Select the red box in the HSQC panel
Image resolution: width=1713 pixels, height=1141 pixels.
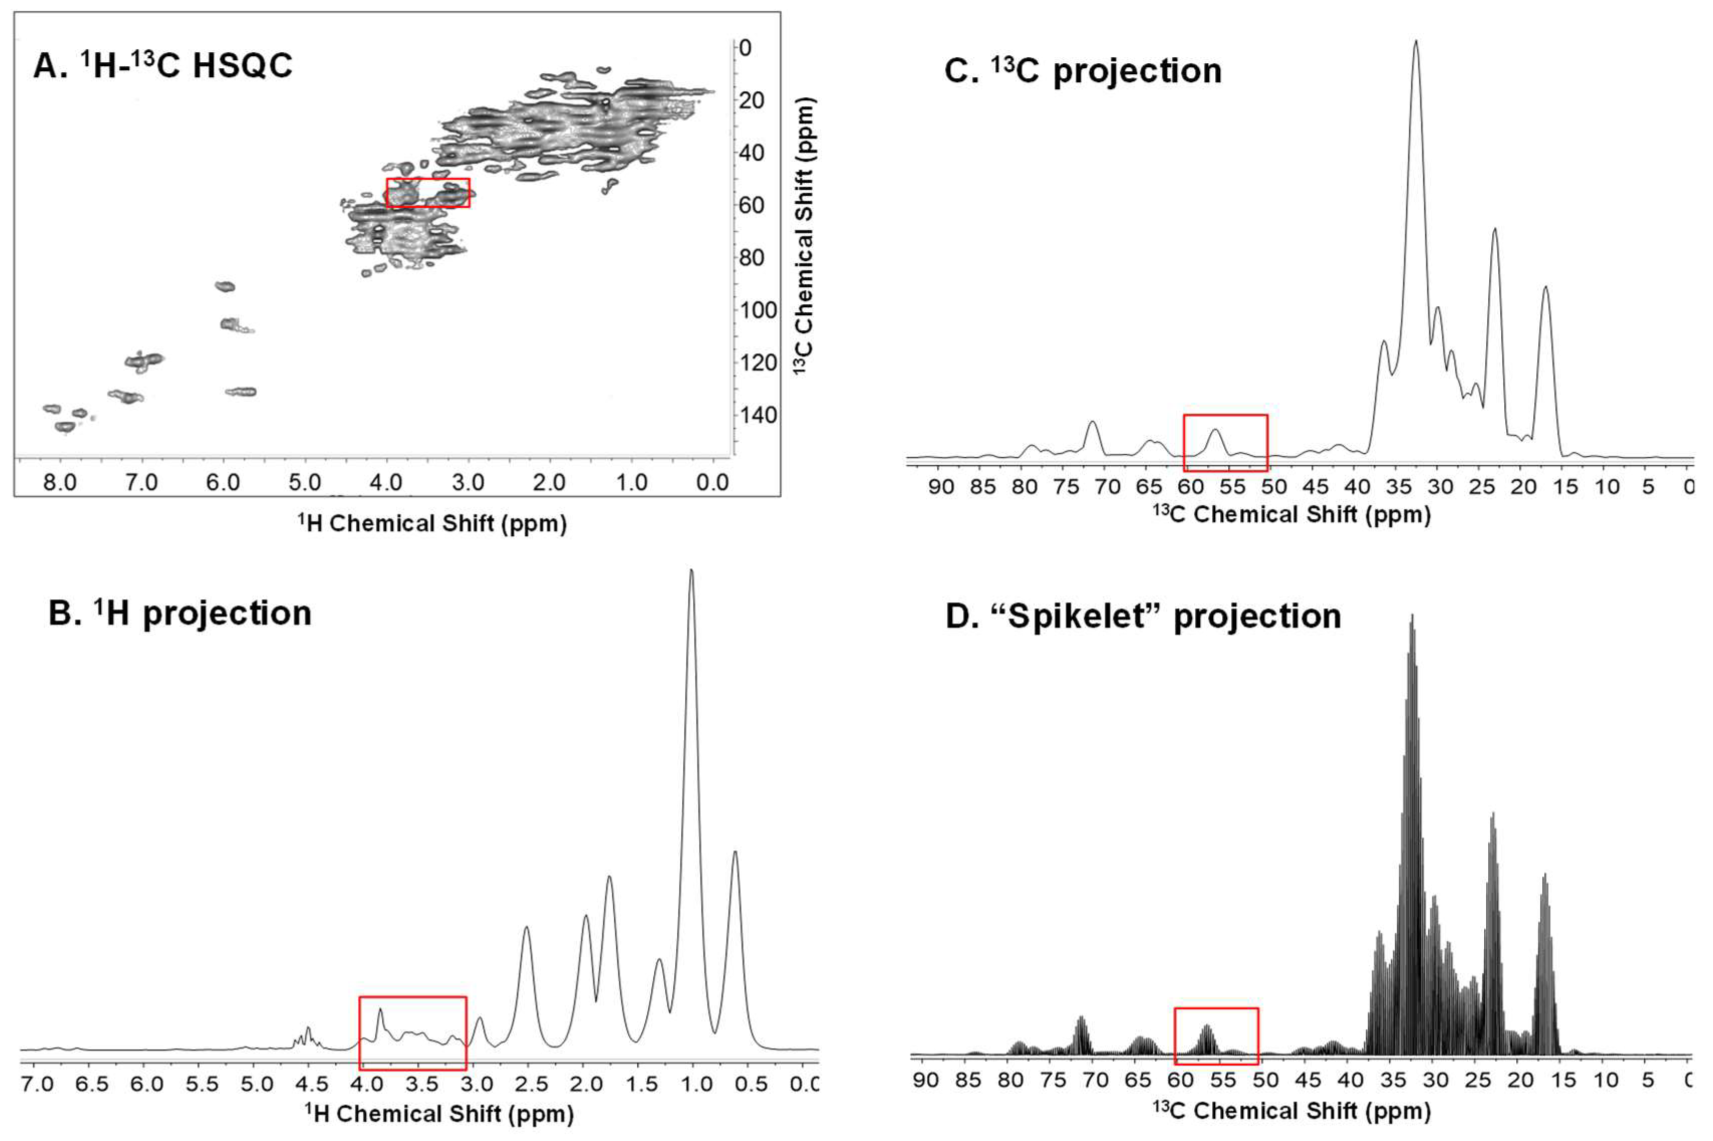(427, 193)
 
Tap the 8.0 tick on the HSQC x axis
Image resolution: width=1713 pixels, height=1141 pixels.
(60, 482)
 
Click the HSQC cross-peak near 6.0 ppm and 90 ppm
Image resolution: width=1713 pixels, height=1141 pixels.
(225, 286)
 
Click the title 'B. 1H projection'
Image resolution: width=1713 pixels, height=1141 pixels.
(180, 613)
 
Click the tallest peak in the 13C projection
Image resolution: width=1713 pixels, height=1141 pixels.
(1415, 44)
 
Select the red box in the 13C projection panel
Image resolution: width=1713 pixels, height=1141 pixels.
(1226, 442)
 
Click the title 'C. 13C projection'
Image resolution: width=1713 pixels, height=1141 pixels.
(1082, 71)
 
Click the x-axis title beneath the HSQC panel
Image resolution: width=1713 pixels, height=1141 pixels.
(432, 523)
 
